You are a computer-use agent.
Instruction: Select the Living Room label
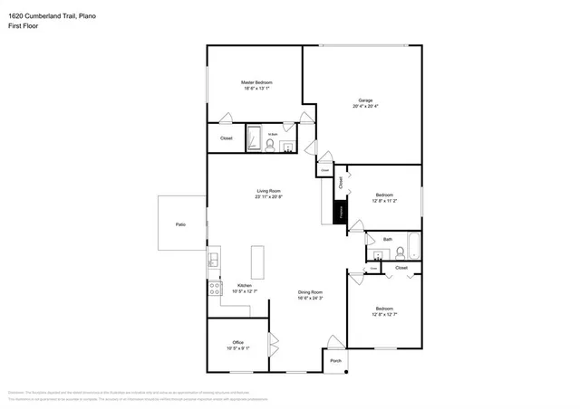268,190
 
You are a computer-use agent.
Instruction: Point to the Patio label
181,224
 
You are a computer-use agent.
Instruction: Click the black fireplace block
342,214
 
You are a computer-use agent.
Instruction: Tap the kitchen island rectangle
256,262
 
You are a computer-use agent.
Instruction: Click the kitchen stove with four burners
215,290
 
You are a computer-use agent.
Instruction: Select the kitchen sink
214,262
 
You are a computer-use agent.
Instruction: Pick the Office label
237,342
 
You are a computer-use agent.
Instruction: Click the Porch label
335,361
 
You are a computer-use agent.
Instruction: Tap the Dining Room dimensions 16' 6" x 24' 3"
311,298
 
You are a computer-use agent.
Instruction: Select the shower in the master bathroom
254,139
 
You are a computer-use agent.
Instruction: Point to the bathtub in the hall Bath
413,246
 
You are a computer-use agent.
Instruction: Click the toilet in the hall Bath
399,253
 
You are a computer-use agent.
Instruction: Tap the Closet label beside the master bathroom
226,138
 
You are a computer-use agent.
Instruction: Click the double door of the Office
271,347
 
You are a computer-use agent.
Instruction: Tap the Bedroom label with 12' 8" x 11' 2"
384,195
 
